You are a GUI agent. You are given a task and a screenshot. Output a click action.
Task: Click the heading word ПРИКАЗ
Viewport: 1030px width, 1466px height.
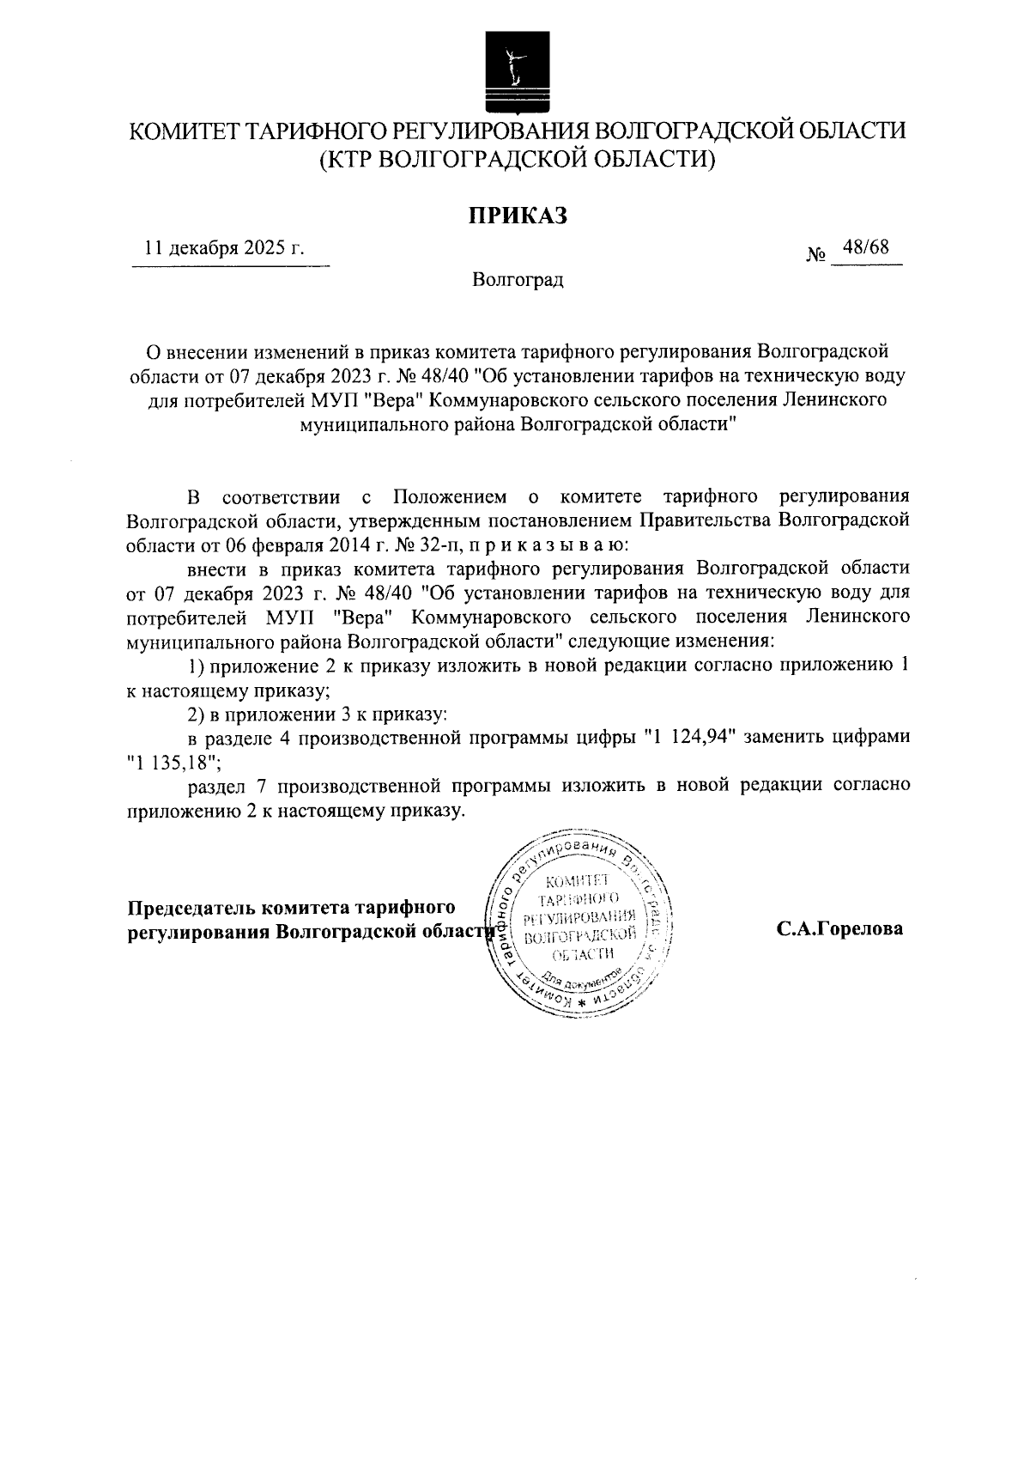point(517,216)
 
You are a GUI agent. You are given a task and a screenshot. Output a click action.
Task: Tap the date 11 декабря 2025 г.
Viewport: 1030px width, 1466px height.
point(225,248)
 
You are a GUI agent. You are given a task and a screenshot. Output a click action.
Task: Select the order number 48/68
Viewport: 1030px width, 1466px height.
point(866,247)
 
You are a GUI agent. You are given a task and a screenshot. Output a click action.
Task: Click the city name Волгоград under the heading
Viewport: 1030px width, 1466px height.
point(518,280)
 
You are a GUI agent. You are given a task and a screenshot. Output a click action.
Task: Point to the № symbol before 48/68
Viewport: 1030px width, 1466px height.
point(816,255)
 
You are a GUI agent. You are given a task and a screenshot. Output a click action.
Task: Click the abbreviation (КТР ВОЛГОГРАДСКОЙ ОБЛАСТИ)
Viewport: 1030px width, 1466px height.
point(517,159)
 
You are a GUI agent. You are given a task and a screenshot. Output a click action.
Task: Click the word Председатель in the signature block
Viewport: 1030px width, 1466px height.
point(191,908)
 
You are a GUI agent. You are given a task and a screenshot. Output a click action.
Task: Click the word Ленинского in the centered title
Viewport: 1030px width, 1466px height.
point(833,399)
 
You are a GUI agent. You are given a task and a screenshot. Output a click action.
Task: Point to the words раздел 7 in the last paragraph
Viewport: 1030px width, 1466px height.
point(225,786)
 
